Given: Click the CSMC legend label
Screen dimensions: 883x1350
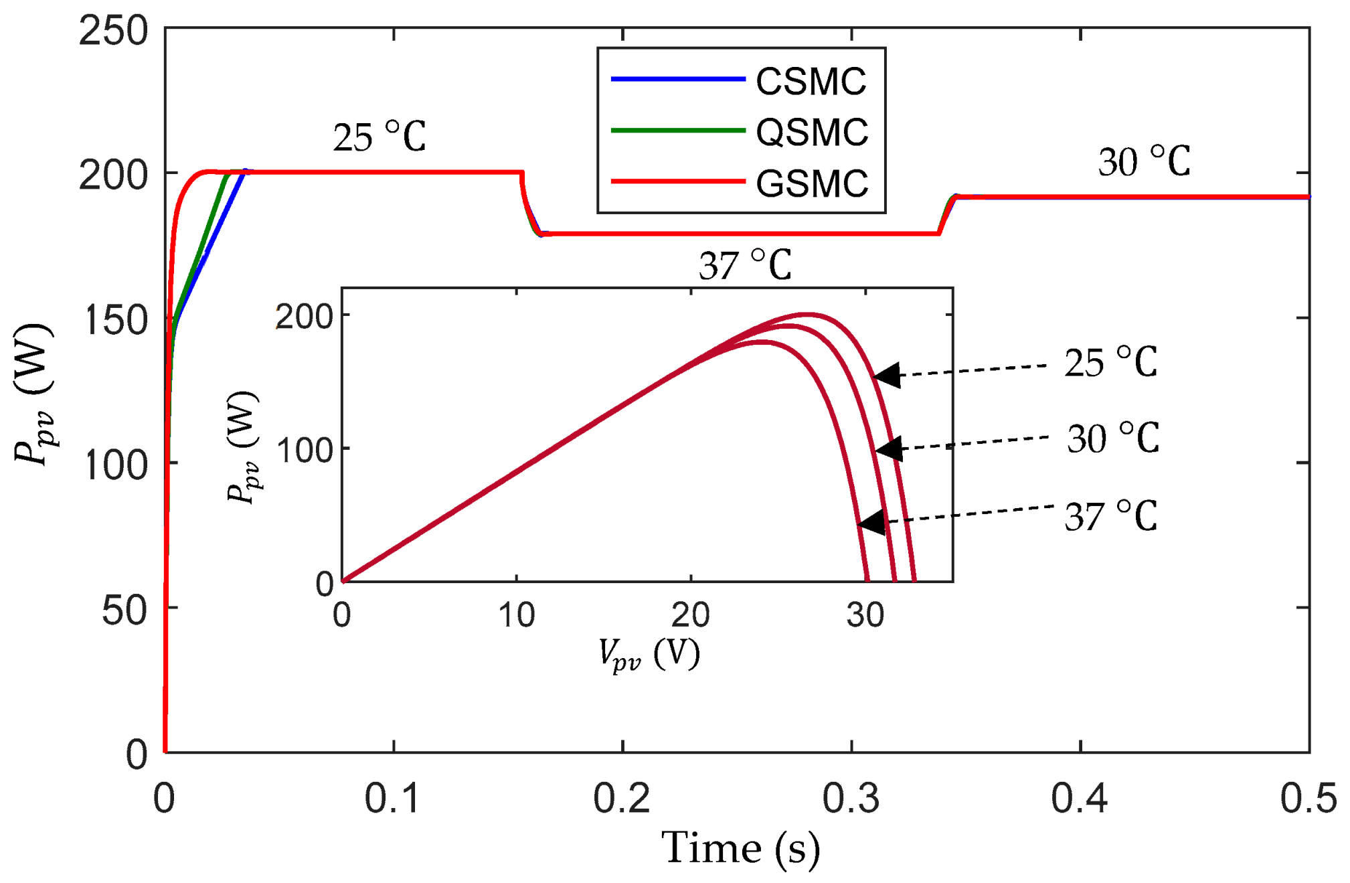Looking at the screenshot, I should tap(811, 81).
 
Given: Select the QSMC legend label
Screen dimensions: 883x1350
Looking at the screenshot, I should tap(811, 132).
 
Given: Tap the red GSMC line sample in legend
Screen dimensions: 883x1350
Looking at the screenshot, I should tap(677, 181).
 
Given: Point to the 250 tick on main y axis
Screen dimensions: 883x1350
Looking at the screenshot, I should tap(112, 31).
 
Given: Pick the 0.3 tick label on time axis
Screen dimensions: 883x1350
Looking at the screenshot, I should tap(851, 798).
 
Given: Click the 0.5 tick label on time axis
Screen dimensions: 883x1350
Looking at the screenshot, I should tap(1308, 798).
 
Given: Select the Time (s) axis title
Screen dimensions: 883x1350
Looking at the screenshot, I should tap(740, 849).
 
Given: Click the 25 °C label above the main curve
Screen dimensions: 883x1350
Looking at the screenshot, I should tap(379, 137).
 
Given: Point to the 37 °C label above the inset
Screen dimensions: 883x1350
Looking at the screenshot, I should tap(744, 265).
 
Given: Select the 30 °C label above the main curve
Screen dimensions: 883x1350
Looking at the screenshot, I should tap(1144, 162).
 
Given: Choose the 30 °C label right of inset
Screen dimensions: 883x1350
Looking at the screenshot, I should tap(1112, 439).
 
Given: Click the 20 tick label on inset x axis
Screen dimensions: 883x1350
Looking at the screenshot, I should tap(690, 615).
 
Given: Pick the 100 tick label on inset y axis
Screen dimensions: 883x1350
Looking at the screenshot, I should tap(305, 450).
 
